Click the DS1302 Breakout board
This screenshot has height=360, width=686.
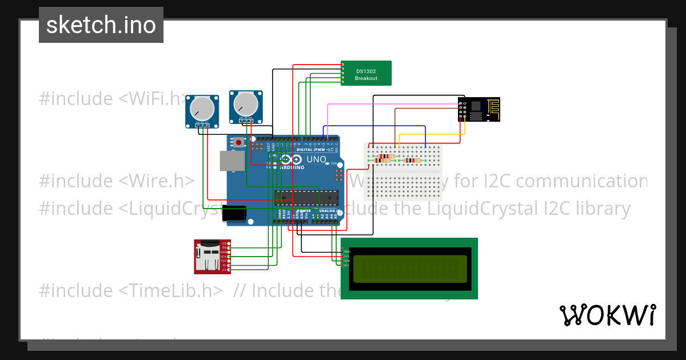coord(366,73)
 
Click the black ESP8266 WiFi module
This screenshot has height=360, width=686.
coord(479,109)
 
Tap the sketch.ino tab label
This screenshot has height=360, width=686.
coord(101,25)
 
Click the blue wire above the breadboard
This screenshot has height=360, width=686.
coord(377,126)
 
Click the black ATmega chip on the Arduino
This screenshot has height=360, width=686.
coord(303,198)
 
